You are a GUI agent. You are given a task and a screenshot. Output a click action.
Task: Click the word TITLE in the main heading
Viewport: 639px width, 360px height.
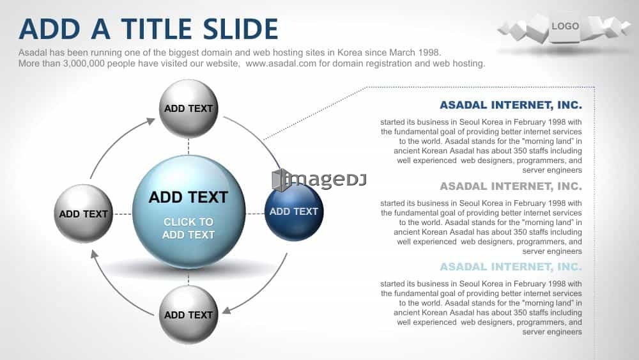[157, 29]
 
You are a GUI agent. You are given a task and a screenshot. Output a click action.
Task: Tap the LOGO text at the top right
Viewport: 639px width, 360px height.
[565, 26]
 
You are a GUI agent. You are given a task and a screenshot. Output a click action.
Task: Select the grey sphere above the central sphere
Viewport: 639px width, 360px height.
[189, 109]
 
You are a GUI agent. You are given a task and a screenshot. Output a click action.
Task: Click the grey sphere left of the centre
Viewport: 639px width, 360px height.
[84, 214]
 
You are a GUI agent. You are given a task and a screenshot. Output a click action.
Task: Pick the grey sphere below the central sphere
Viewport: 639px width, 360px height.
[189, 315]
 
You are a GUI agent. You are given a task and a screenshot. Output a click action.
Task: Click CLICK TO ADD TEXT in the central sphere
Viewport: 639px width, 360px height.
[189, 228]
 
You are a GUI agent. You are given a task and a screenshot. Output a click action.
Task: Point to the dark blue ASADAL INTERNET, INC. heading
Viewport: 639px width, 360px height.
[511, 106]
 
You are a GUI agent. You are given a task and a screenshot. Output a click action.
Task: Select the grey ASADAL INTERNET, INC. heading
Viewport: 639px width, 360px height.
[511, 186]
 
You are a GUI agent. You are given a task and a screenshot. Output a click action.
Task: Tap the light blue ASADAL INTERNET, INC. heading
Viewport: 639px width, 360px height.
[511, 267]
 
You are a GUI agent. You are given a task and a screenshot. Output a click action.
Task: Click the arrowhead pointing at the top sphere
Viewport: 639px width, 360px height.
[151, 121]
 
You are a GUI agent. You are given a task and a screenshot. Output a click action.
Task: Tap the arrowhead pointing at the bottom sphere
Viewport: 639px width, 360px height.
[227, 310]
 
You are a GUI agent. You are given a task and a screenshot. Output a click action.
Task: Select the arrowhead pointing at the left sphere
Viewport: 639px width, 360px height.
[94, 254]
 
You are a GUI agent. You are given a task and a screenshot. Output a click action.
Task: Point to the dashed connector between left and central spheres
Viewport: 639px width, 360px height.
[123, 214]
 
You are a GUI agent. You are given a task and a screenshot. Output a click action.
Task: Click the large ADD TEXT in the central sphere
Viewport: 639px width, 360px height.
[189, 198]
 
